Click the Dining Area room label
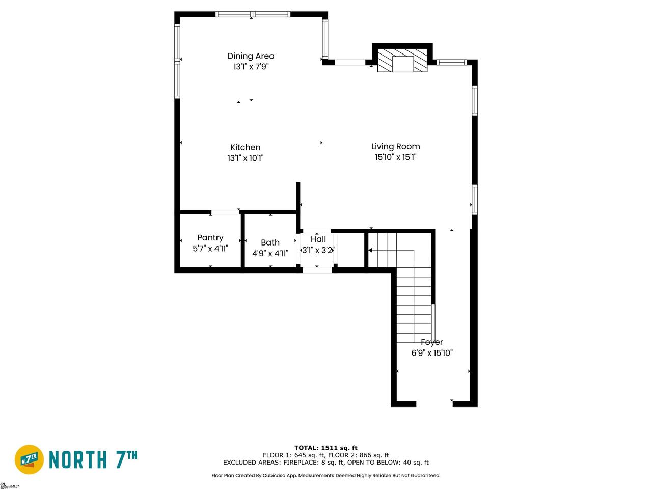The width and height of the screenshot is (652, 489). [x=251, y=56]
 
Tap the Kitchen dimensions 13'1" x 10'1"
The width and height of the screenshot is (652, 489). [x=246, y=158]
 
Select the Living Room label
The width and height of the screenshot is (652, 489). [x=395, y=146]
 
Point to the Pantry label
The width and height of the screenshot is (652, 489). [x=210, y=238]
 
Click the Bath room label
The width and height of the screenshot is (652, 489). [x=270, y=242]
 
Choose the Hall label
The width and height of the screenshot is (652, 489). [x=318, y=239]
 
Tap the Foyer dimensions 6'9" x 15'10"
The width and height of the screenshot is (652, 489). [x=432, y=353]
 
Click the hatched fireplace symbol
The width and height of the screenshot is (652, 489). [x=402, y=60]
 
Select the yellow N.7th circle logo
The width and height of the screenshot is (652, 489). [x=29, y=459]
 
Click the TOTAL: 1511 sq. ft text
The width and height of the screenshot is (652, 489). [x=326, y=448]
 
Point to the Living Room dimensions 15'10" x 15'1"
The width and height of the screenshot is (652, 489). [x=395, y=157]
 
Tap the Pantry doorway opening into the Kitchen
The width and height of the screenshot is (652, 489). [x=225, y=212]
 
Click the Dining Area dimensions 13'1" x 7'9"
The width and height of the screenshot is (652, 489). [x=251, y=67]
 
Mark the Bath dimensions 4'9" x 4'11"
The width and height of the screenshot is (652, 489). [x=270, y=253]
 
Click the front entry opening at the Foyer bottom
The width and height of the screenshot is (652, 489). [x=434, y=404]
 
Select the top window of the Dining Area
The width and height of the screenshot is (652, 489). [x=253, y=14]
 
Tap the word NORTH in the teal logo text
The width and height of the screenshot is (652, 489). [x=77, y=459]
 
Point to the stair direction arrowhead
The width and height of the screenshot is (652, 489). [x=370, y=250]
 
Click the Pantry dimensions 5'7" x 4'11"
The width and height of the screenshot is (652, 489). [x=210, y=249]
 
